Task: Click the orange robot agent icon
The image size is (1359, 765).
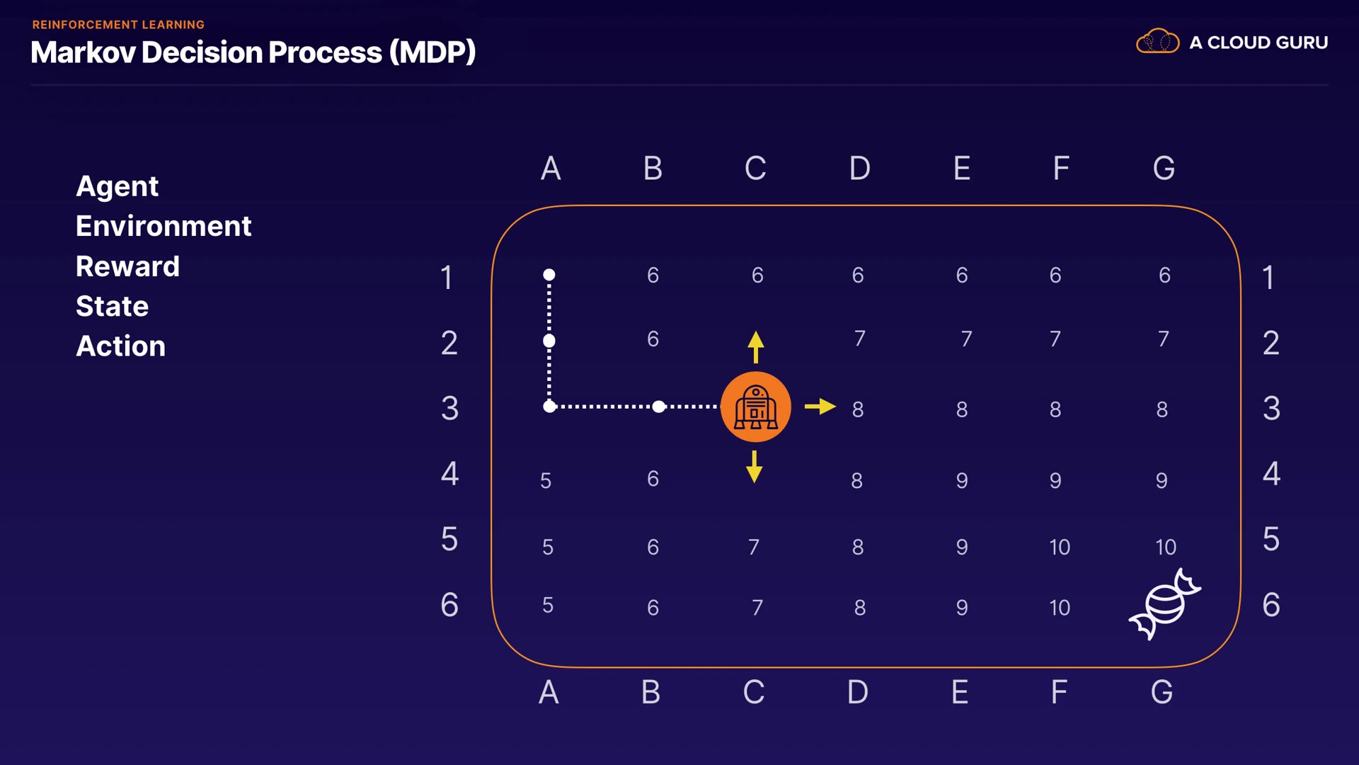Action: [x=755, y=407]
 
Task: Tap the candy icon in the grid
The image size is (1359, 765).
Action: [x=1164, y=604]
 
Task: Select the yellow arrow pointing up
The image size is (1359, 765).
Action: [x=755, y=346]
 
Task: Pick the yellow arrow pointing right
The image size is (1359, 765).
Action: [x=820, y=407]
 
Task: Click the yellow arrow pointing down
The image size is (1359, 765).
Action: [x=755, y=467]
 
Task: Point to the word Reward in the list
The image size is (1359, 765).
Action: [x=127, y=266]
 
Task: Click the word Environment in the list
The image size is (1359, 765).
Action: [x=164, y=226]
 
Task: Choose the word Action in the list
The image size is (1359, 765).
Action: [x=120, y=346]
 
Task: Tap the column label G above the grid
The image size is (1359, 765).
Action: [x=1164, y=169]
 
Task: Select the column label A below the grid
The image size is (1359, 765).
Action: [x=549, y=692]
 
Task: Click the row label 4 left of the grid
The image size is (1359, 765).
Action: [x=449, y=473]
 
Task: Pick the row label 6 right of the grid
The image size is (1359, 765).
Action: [x=1271, y=605]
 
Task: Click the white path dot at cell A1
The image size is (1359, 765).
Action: [x=549, y=275]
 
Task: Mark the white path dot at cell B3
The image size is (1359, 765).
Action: [x=659, y=407]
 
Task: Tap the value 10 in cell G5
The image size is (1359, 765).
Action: [x=1165, y=547]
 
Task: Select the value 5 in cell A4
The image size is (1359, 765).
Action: [x=546, y=481]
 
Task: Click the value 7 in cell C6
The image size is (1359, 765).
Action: [x=757, y=608]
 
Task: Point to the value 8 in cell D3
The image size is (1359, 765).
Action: [x=858, y=409]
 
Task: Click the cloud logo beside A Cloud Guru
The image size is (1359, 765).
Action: [x=1157, y=42]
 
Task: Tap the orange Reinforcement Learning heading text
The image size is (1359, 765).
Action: [x=118, y=25]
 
